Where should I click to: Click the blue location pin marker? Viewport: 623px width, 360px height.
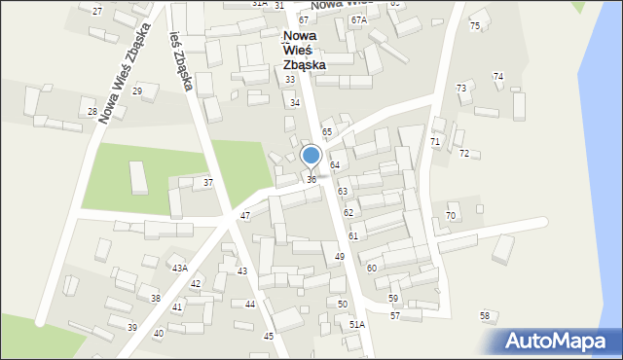point(311,156)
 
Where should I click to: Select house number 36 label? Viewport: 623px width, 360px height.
point(311,180)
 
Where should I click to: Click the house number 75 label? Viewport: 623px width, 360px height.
point(475,26)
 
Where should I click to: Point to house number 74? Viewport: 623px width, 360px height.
point(498,76)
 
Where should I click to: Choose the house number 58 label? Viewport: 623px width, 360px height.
point(485,316)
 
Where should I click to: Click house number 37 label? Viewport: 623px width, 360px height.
point(208,183)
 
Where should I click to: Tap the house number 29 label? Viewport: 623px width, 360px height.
point(137,90)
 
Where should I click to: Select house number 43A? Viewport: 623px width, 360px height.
point(179,269)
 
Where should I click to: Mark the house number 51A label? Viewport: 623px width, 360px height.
point(357,324)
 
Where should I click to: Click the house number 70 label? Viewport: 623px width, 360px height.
point(451,216)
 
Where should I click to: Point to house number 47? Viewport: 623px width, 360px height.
point(245,216)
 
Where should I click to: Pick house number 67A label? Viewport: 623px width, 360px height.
point(359,19)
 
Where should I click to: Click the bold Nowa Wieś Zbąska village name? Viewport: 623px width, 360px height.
point(304,51)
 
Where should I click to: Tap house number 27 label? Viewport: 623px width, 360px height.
point(97,11)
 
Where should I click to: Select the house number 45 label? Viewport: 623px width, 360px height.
point(269,336)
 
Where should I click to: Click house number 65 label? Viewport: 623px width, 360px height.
point(327,131)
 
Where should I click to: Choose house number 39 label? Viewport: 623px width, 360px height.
point(132,327)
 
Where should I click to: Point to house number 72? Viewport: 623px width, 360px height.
point(464,154)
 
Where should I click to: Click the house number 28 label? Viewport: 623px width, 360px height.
point(92,112)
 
